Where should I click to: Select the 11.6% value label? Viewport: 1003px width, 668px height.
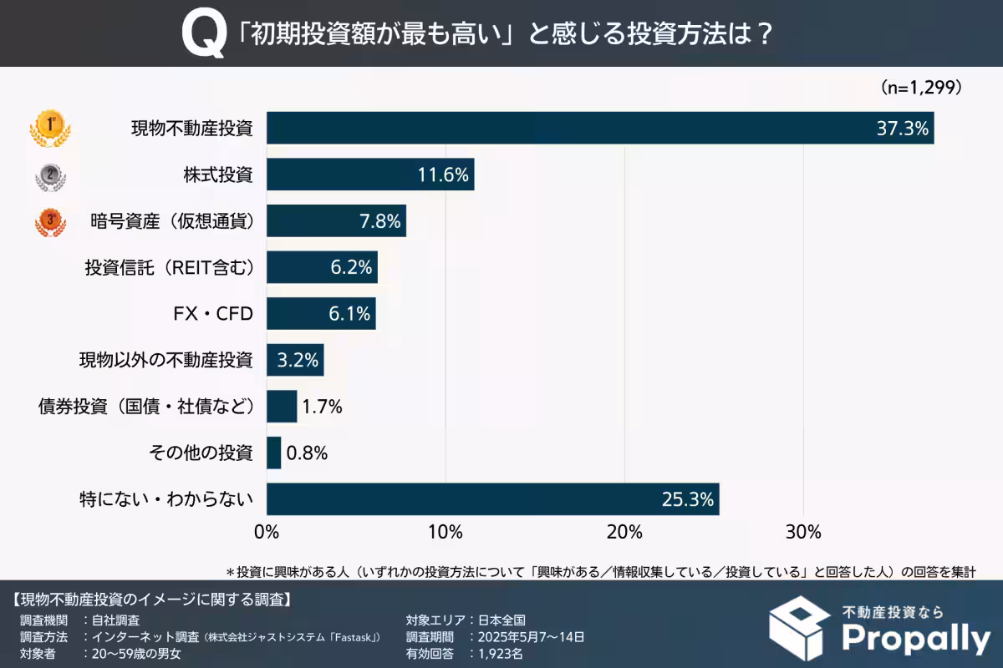(x=444, y=175)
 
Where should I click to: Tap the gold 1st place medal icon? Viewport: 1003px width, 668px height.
(x=50, y=128)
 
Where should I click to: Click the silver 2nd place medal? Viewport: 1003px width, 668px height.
(x=50, y=175)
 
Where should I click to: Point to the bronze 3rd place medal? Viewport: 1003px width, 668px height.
(x=50, y=222)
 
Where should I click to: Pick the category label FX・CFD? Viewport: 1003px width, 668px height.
(x=211, y=314)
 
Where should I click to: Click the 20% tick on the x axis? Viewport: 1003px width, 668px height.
(x=624, y=531)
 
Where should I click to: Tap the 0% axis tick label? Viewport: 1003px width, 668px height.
(x=266, y=531)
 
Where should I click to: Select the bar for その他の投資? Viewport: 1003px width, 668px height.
(x=273, y=453)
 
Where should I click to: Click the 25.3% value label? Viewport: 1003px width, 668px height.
(x=688, y=500)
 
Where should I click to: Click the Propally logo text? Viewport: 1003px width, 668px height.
(x=915, y=638)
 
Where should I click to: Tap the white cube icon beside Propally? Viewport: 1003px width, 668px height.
(x=801, y=628)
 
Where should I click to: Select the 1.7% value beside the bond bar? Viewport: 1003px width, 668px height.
(x=323, y=407)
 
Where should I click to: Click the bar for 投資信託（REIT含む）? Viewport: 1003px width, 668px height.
(x=322, y=268)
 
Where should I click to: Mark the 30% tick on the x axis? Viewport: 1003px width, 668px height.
(x=803, y=531)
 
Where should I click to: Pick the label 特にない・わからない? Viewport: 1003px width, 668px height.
(x=165, y=500)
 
